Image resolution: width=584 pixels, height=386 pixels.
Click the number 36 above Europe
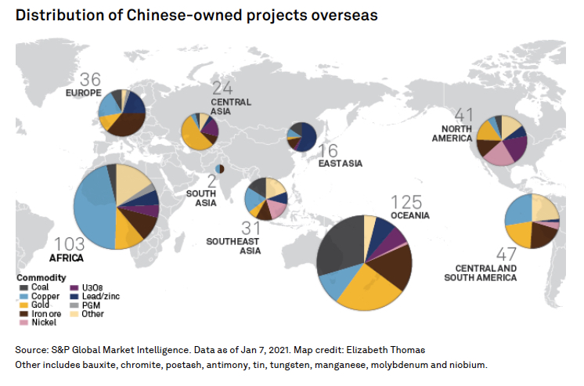tap(91, 80)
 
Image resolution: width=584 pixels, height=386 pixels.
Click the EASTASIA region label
tap(340, 163)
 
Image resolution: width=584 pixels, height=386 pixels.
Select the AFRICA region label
tap(67, 256)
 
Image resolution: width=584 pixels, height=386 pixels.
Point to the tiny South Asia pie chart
tap(220, 169)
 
